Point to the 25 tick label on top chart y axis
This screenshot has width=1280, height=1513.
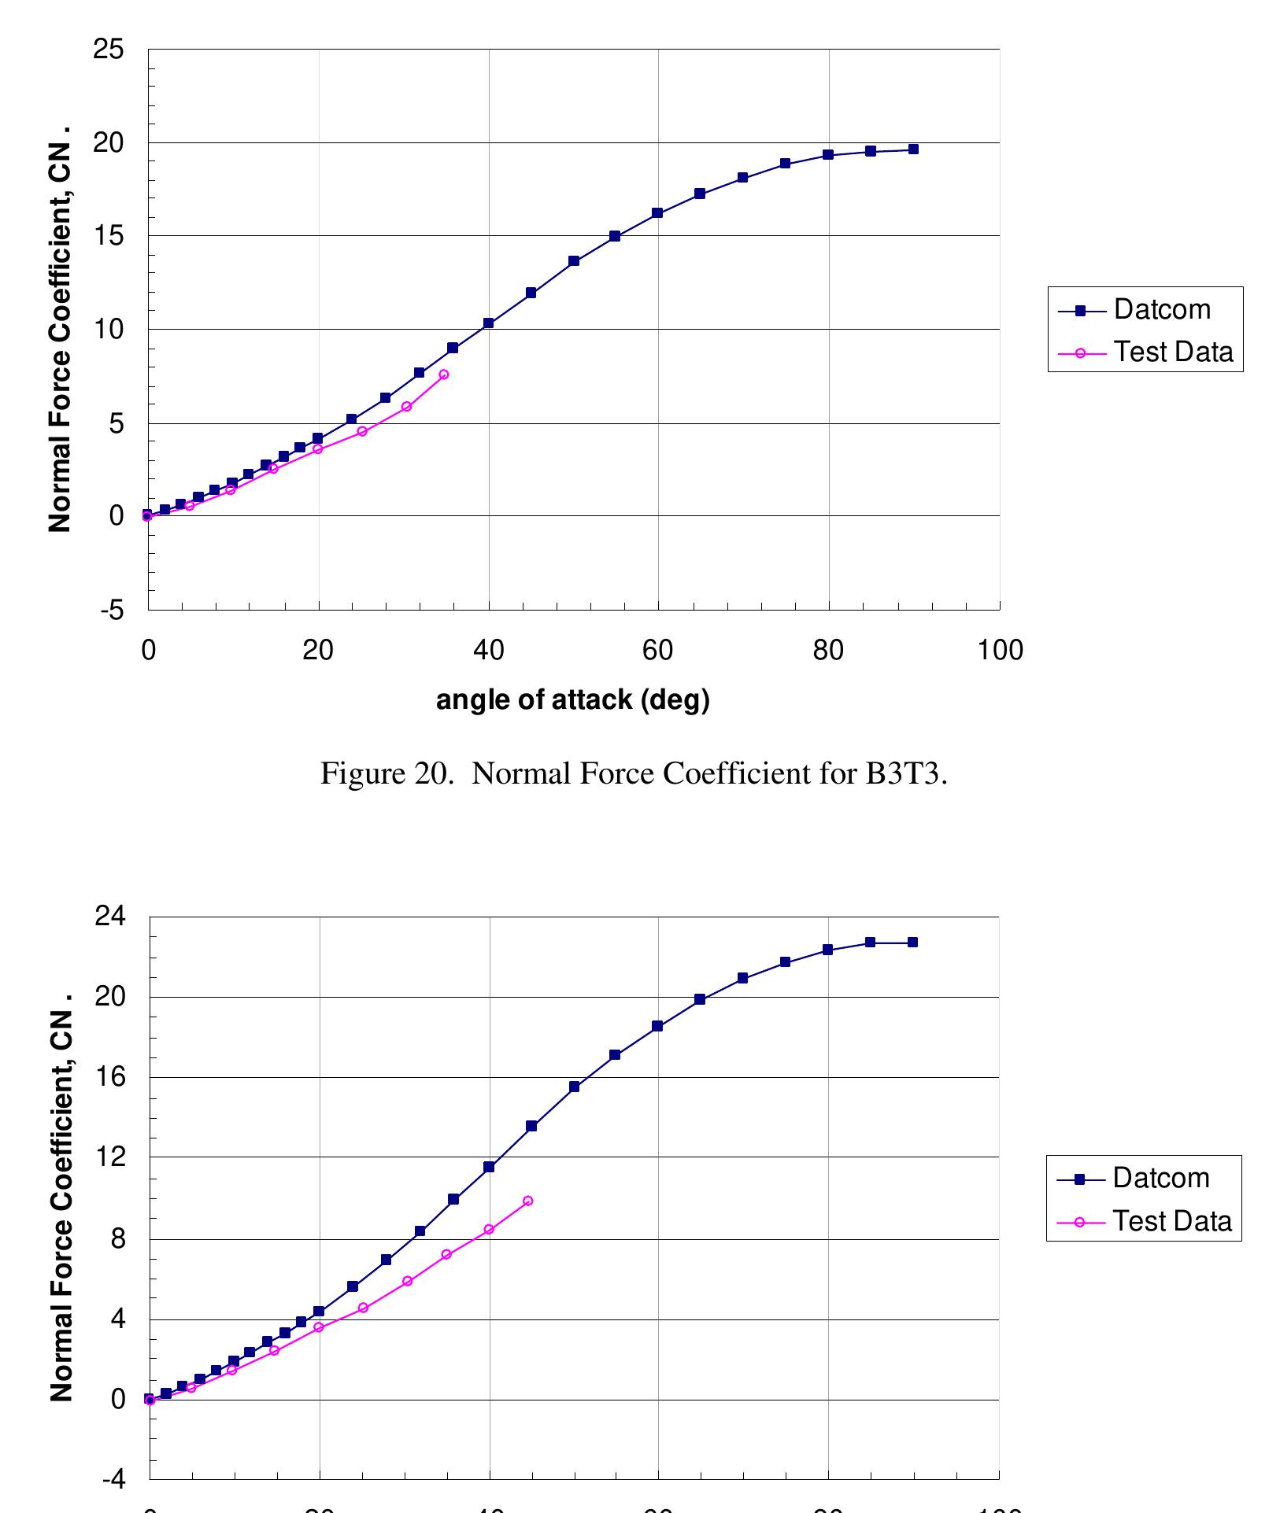click(x=109, y=50)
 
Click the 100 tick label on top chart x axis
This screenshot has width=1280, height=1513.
click(x=1000, y=651)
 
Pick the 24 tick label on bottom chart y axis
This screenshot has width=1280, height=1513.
click(x=110, y=917)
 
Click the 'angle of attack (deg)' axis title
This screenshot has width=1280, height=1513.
click(x=572, y=699)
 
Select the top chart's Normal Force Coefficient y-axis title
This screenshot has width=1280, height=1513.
click(x=60, y=329)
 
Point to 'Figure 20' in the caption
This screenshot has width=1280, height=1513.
click(x=374, y=774)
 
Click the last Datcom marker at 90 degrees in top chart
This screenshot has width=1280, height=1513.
click(x=913, y=149)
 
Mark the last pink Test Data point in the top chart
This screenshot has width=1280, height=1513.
click(x=444, y=375)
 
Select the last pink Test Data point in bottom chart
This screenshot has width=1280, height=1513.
click(x=528, y=1201)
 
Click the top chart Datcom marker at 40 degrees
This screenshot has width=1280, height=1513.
click(x=488, y=323)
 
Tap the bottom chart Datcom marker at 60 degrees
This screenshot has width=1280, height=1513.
click(x=657, y=1026)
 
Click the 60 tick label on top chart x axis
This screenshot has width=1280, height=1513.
click(x=657, y=651)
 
